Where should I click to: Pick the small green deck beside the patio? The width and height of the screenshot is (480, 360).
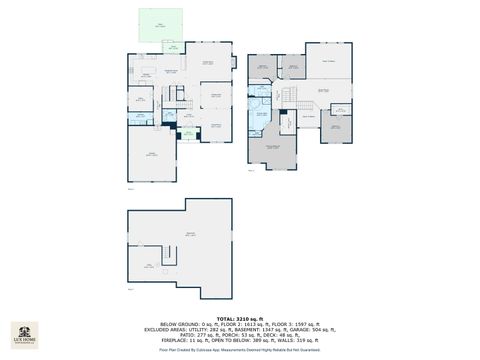172,47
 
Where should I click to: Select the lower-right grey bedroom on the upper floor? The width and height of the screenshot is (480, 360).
337,128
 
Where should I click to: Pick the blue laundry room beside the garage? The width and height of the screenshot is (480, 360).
141,117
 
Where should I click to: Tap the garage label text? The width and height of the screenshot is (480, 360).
153,153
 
